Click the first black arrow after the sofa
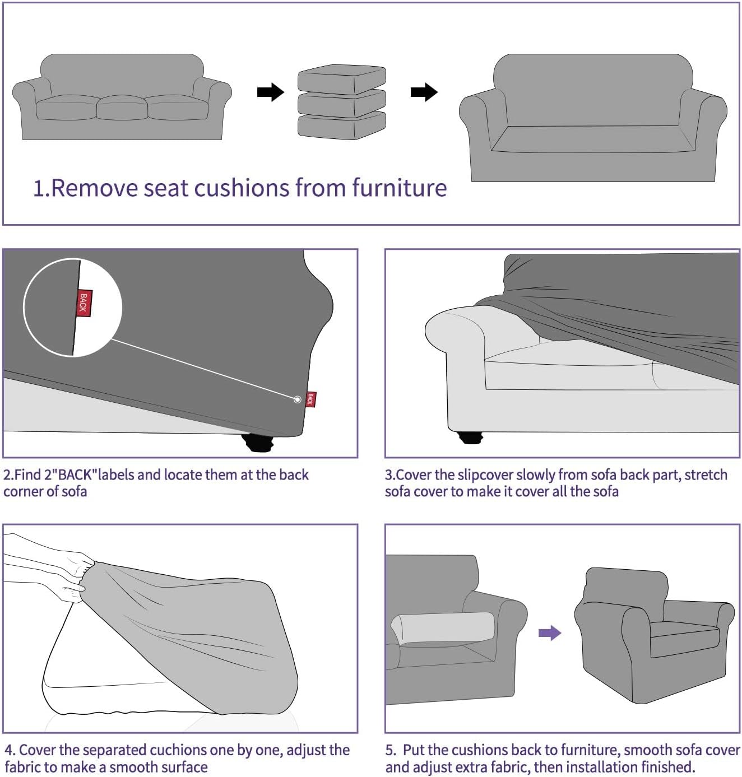click(x=270, y=92)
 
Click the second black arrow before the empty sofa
click(x=424, y=92)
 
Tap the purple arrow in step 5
click(x=549, y=633)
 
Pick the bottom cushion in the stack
click(x=341, y=127)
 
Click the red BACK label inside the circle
click(x=84, y=303)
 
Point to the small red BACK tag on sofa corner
click(x=311, y=399)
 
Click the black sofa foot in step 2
click(x=258, y=443)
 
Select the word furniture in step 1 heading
click(x=399, y=188)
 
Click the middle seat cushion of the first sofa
click(x=122, y=108)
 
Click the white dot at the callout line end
click(x=298, y=399)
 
